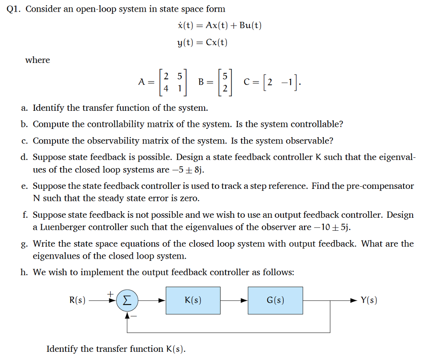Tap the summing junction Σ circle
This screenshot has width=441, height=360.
(127, 301)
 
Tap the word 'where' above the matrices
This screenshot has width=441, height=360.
(37, 60)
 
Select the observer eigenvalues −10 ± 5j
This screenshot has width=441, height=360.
(334, 227)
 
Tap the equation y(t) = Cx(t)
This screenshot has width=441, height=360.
(202, 42)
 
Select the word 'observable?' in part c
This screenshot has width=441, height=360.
(307, 141)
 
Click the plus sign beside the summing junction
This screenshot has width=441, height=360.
(110, 293)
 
